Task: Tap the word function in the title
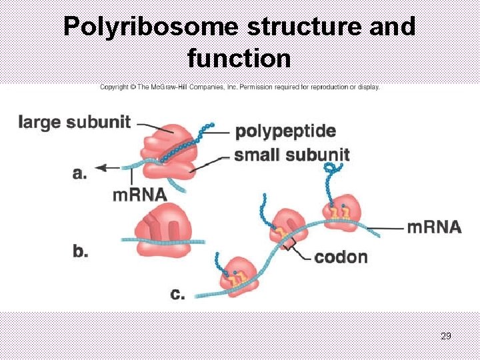click(x=239, y=58)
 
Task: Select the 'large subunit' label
click(x=75, y=122)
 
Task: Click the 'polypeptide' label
click(x=285, y=131)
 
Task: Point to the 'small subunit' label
click(x=292, y=155)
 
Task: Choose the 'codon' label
click(x=341, y=257)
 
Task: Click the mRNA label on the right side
click(x=434, y=227)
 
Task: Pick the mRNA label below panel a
click(x=139, y=195)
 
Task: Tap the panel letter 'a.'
click(x=79, y=173)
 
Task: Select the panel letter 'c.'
click(x=178, y=293)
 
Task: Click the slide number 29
click(x=446, y=336)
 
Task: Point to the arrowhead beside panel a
click(x=101, y=169)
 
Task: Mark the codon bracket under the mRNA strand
click(x=289, y=247)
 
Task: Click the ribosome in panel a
click(x=167, y=152)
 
